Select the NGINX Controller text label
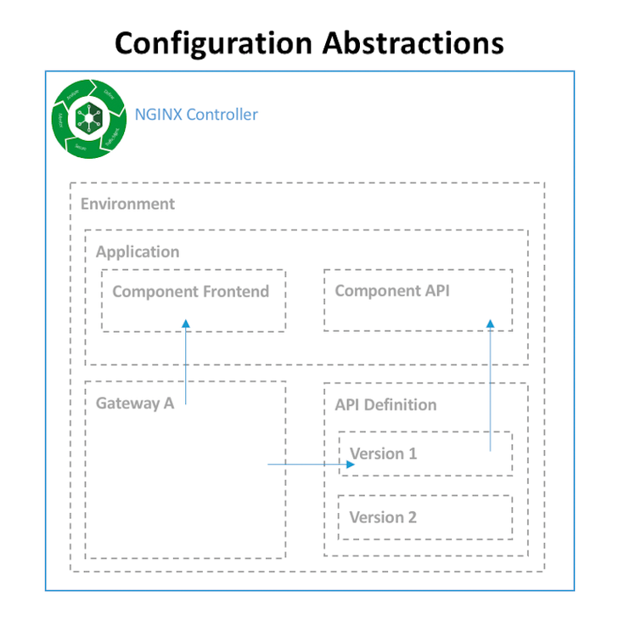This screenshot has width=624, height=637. [196, 115]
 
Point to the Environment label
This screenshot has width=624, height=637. [127, 204]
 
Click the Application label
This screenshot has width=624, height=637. [138, 252]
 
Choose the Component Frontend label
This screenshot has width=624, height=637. [190, 291]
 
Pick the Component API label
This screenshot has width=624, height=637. [392, 290]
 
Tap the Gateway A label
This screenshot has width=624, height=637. [134, 403]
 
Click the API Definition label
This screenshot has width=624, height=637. [385, 405]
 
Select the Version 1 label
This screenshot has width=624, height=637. [384, 454]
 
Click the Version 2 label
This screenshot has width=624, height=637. [383, 517]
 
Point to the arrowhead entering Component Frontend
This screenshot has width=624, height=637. [185, 324]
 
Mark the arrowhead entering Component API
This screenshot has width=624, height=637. [491, 323]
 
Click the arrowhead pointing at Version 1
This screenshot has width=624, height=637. [350, 465]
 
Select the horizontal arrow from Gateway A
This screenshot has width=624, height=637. [306, 465]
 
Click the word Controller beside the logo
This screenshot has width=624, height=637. [222, 115]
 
